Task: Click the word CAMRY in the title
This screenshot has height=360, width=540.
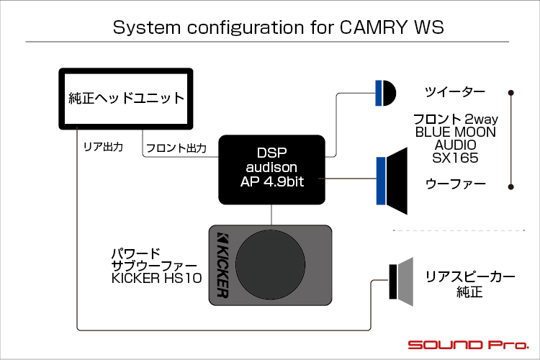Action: click(x=373, y=27)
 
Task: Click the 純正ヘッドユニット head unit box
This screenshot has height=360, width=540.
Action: click(x=126, y=99)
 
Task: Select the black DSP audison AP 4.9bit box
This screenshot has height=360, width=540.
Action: click(x=271, y=170)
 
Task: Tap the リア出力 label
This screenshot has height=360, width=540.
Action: click(x=103, y=147)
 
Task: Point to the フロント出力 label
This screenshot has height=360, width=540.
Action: click(x=176, y=148)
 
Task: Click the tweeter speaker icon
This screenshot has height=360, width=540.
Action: click(x=386, y=93)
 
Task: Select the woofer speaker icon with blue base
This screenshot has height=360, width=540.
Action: click(x=392, y=181)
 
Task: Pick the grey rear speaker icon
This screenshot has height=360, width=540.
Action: click(x=401, y=282)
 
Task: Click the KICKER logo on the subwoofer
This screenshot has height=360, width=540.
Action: click(x=222, y=264)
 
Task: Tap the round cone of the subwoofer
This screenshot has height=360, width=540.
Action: click(x=270, y=265)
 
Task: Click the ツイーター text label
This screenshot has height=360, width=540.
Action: click(x=455, y=92)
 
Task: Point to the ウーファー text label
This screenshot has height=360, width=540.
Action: click(x=455, y=184)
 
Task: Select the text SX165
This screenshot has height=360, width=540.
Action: click(x=455, y=158)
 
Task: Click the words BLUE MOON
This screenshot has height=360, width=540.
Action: click(x=455, y=132)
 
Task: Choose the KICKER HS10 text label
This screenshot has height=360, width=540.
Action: click(x=157, y=279)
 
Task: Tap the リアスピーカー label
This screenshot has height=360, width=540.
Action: click(x=469, y=276)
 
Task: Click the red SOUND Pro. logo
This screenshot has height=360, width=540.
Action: click(x=469, y=345)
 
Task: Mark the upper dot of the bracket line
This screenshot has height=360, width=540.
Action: click(x=511, y=93)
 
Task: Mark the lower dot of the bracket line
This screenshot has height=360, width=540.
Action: click(x=511, y=187)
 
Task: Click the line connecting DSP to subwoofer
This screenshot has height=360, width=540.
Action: click(x=271, y=215)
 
